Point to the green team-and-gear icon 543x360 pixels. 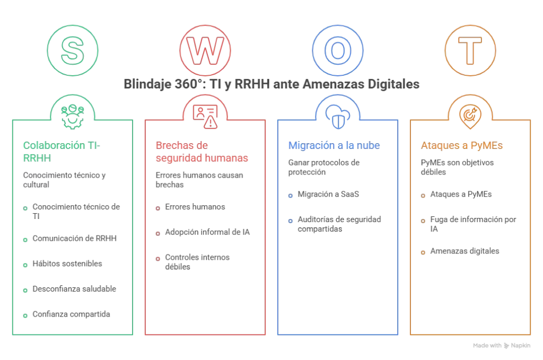(72, 117)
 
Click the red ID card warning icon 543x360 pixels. (205, 117)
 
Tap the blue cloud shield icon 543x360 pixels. (338, 117)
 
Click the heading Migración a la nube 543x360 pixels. (334, 145)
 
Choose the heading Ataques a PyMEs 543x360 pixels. (462, 145)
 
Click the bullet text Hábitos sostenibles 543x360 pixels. (67, 264)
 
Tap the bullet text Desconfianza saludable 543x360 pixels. (74, 289)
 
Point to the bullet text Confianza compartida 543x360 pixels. (72, 314)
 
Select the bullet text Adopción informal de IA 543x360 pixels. (207, 232)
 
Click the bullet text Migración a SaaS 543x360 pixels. (328, 194)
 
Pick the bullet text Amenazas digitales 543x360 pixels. (465, 251)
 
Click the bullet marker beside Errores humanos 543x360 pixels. (158, 208)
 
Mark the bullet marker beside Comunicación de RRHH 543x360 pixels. (25, 240)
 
